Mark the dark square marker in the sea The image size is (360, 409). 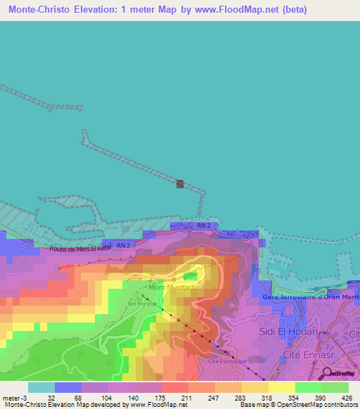180,184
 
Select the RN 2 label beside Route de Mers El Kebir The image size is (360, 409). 124,245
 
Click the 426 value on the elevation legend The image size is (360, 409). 345,397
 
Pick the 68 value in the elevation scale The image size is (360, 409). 78,397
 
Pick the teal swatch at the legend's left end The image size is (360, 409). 41,387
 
